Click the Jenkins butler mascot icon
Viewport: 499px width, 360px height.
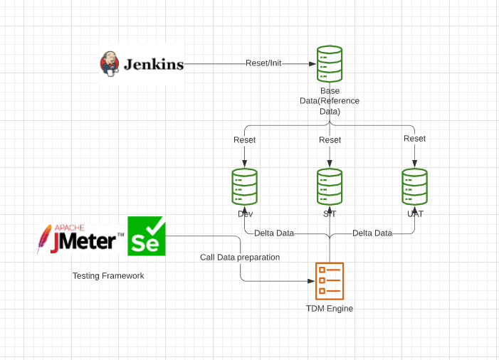pyautogui.click(x=109, y=63)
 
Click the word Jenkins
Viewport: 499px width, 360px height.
pyautogui.click(x=154, y=64)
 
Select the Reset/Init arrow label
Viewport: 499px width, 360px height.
pyautogui.click(x=263, y=63)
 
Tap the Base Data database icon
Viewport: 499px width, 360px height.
pyautogui.click(x=330, y=63)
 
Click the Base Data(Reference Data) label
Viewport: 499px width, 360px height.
pyautogui.click(x=330, y=101)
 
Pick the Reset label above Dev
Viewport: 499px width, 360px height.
pyautogui.click(x=244, y=139)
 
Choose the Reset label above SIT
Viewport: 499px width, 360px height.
pyautogui.click(x=330, y=139)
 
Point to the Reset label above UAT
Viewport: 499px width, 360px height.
pyautogui.click(x=414, y=139)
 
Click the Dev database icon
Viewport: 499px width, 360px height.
pyautogui.click(x=244, y=186)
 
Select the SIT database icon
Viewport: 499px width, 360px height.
pyautogui.click(x=330, y=186)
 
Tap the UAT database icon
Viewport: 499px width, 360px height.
pyautogui.click(x=414, y=186)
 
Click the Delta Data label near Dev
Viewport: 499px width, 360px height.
pyautogui.click(x=274, y=233)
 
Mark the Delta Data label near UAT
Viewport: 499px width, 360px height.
pyautogui.click(x=372, y=233)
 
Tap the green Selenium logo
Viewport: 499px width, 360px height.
pyautogui.click(x=147, y=236)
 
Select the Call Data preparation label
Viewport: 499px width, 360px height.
pyautogui.click(x=240, y=257)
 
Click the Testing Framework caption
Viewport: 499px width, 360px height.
pyautogui.click(x=108, y=275)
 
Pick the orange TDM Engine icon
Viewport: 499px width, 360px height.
pyautogui.click(x=330, y=280)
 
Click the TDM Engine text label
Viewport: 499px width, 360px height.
pyautogui.click(x=330, y=309)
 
